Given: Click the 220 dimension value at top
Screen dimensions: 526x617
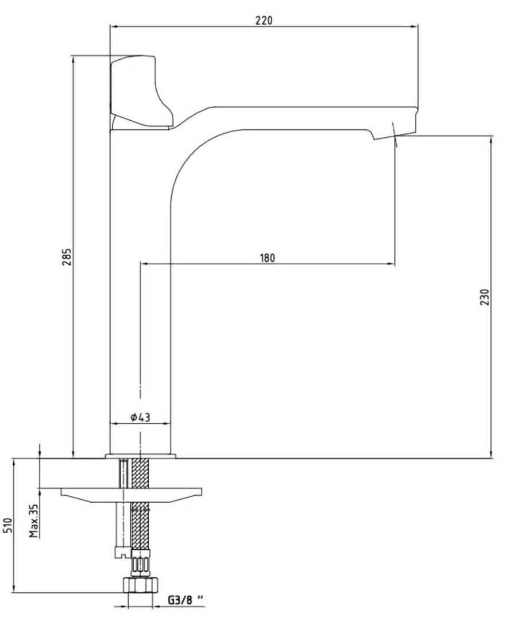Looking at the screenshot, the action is tap(264, 20).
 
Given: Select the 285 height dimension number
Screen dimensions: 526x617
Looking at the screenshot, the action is tap(67, 257).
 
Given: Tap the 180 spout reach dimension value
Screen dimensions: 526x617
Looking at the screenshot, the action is tap(268, 258).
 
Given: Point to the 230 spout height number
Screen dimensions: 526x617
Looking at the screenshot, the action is tap(485, 297).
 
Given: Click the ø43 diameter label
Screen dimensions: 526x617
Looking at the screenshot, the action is tap(141, 417).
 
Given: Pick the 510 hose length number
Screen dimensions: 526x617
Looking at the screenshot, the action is tap(8, 525).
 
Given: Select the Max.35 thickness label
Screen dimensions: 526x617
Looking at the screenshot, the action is tap(34, 520).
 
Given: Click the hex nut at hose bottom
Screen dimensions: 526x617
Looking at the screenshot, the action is tap(140, 585).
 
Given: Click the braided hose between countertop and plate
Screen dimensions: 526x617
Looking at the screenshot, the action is tap(140, 473).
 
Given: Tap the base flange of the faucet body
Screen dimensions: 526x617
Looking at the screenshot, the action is tap(140, 456).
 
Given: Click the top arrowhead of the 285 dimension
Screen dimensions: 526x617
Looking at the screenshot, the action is tap(73, 60).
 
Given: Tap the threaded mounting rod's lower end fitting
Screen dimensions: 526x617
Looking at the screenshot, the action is tap(122, 552).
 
